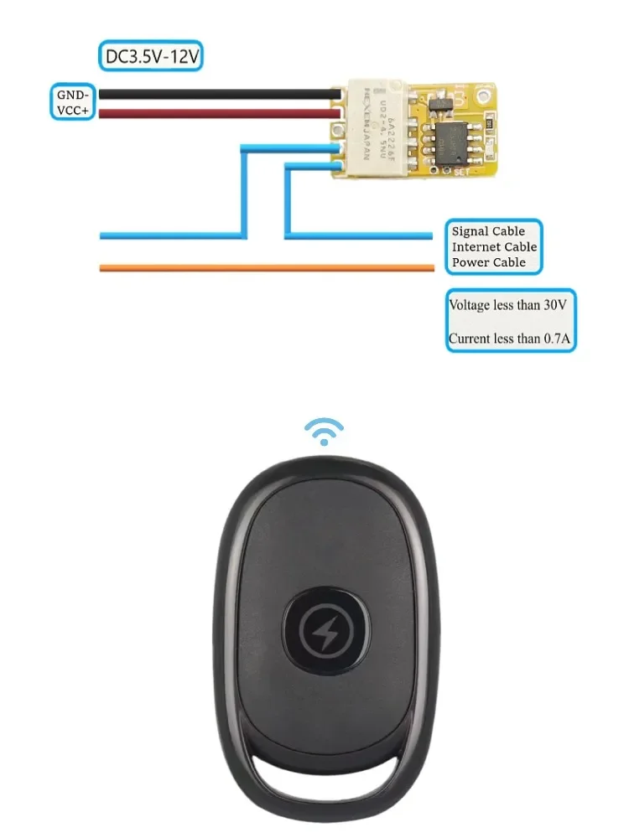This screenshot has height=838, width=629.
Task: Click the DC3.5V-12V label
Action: (151, 57)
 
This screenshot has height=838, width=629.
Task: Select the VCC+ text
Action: (74, 111)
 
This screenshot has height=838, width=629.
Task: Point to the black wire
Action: (210, 95)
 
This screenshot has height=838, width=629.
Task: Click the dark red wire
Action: (210, 112)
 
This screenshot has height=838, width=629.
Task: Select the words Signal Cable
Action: (488, 231)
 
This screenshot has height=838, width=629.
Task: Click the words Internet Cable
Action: (494, 247)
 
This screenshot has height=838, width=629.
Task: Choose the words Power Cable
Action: (488, 262)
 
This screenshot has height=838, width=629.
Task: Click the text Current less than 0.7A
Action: (506, 339)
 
